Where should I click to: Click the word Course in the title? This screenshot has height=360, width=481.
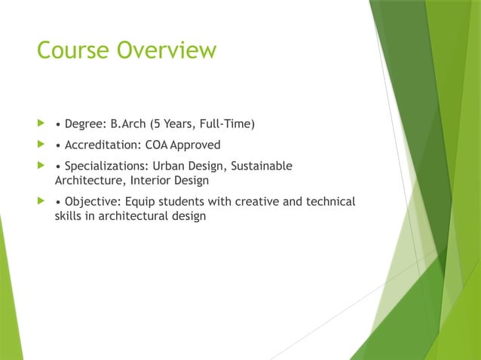[73, 50]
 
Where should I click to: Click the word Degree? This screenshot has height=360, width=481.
[86, 124]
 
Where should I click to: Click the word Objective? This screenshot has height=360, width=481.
[93, 202]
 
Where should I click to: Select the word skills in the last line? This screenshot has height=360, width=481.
[69, 217]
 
